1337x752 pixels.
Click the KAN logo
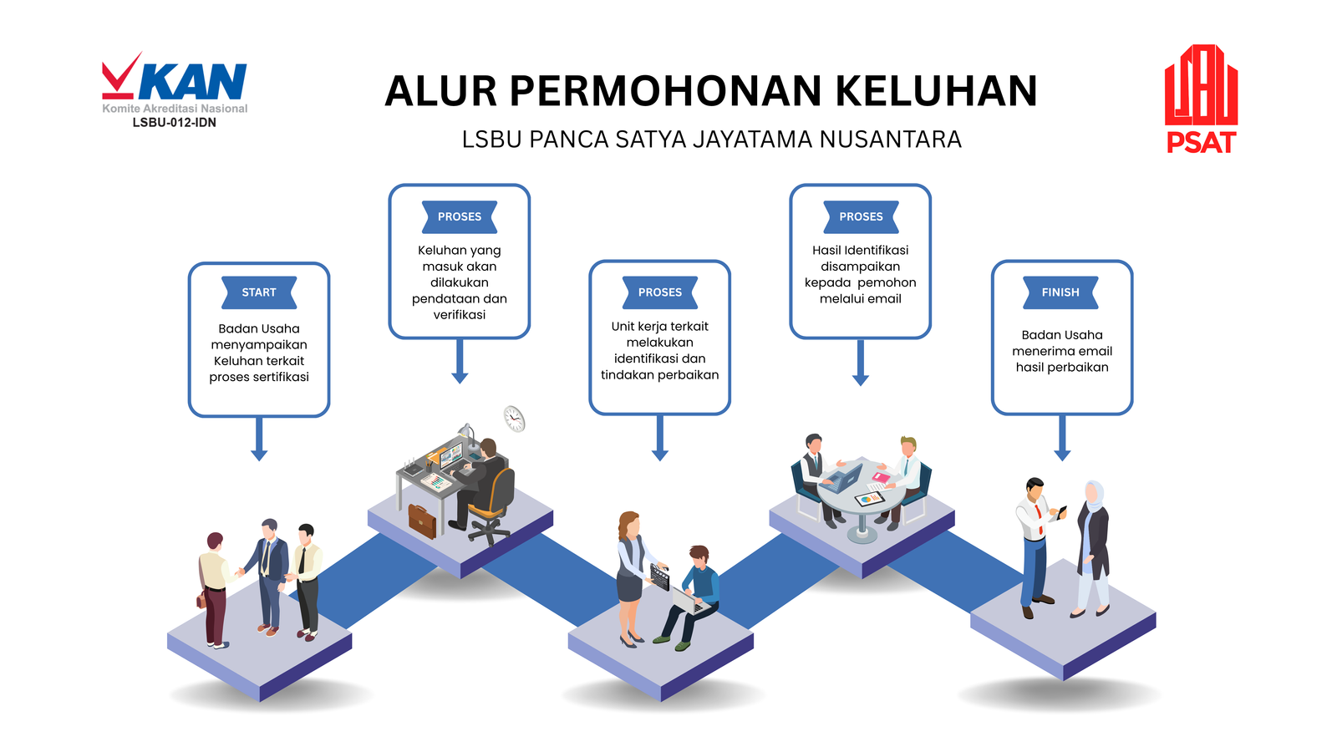175,83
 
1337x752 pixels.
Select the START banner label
259,292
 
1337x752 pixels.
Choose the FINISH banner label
1060,292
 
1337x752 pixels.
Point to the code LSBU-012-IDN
175,123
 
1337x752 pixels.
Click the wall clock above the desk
514,418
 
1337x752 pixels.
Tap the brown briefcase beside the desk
422,521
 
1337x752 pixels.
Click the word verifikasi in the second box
460,315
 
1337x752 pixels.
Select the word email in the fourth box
884,299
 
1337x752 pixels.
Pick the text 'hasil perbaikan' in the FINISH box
1062,367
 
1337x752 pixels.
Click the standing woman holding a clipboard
630,577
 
